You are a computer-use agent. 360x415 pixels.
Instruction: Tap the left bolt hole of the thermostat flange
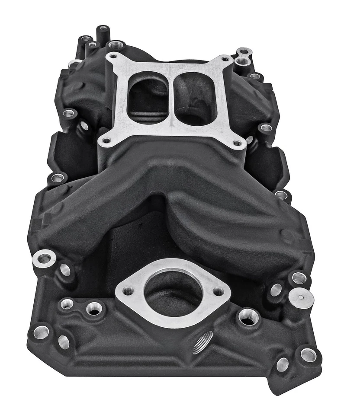tap(128, 291)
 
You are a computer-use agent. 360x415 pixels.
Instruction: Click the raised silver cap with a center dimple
tap(301, 298)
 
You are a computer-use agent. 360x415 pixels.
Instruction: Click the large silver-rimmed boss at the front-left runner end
tap(44, 259)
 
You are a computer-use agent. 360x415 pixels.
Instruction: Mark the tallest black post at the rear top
tap(103, 30)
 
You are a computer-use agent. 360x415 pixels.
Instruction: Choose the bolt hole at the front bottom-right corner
tap(308, 355)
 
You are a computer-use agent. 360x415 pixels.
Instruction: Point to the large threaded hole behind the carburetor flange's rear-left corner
tap(116, 45)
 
